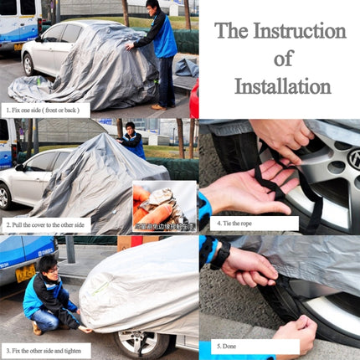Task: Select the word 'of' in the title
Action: tap(283, 58)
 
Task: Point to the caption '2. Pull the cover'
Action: tap(53, 224)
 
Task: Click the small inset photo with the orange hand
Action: tap(164, 206)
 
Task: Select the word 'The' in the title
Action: tap(232, 31)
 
